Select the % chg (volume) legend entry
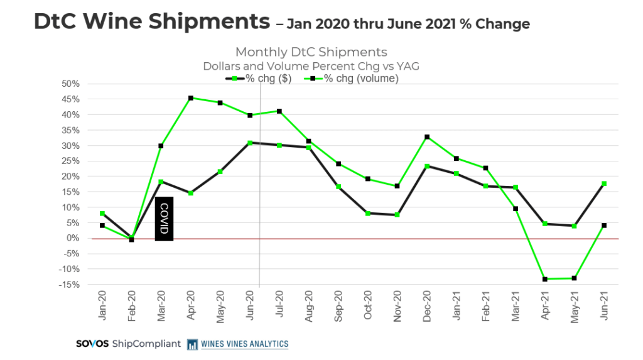click(x=352, y=79)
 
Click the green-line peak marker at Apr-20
click(x=190, y=98)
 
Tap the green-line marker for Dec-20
click(x=427, y=137)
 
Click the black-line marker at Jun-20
click(x=250, y=143)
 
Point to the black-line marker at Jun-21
click(x=604, y=183)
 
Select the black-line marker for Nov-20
click(x=397, y=215)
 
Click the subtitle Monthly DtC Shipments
click(x=311, y=52)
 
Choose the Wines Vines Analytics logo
click(x=239, y=344)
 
